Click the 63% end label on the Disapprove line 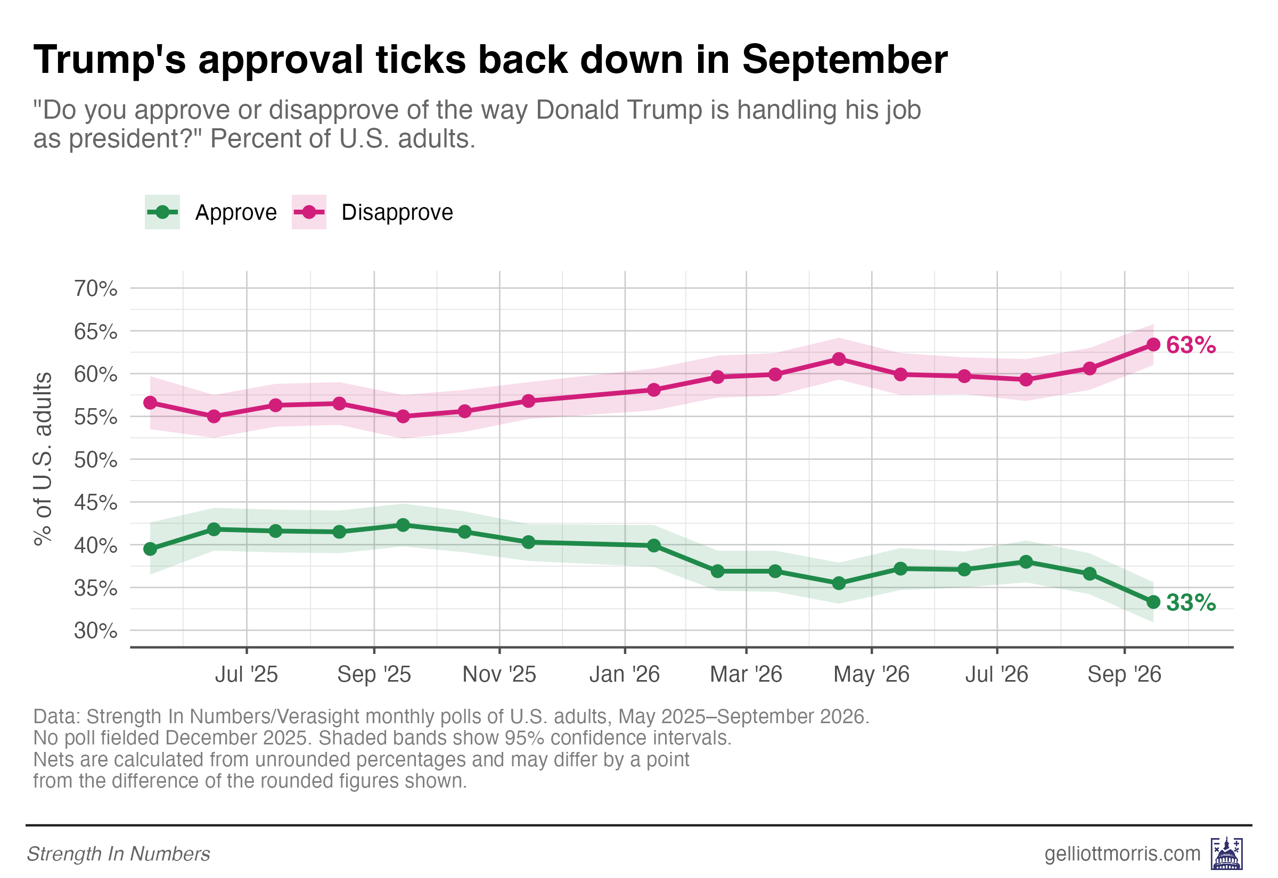tap(1191, 345)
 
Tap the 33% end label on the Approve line tap(1191, 603)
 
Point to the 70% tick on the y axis tap(96, 288)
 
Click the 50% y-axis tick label tap(96, 459)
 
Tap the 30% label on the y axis tap(96, 631)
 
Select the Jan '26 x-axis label tap(625, 674)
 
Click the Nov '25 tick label tap(499, 674)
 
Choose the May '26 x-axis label tap(871, 674)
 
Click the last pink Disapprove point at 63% tap(1153, 345)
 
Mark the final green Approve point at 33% tap(1153, 602)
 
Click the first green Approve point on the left tap(150, 550)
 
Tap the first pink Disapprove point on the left tap(150, 403)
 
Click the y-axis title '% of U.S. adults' tap(43, 459)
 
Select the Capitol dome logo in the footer tap(1227, 854)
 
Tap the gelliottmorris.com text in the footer tap(1122, 854)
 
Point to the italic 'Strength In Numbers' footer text tap(118, 855)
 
